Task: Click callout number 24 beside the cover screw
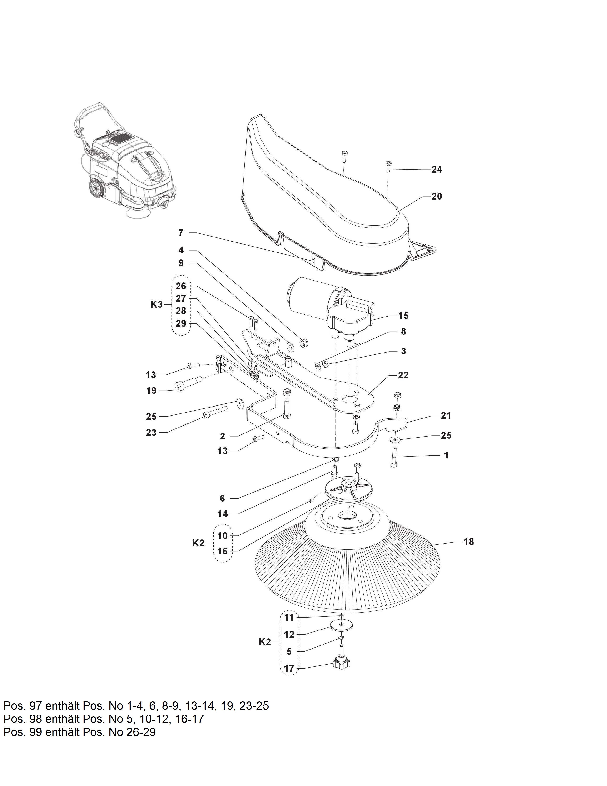pyautogui.click(x=437, y=170)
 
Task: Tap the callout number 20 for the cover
pyautogui.click(x=437, y=196)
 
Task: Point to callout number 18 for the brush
pyautogui.click(x=468, y=552)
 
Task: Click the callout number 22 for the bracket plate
pyautogui.click(x=403, y=375)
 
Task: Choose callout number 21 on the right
pyautogui.click(x=446, y=415)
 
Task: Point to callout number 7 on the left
pyautogui.click(x=181, y=233)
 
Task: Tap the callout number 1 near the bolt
pyautogui.click(x=446, y=455)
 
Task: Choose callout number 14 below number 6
pyautogui.click(x=223, y=514)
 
